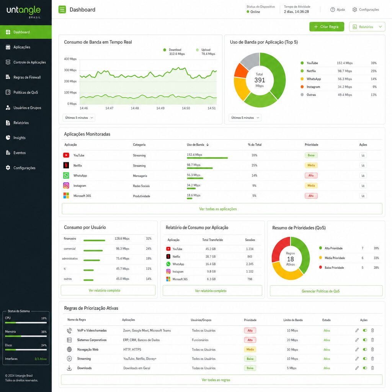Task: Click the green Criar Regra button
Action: (327, 27)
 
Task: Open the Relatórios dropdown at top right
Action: (367, 27)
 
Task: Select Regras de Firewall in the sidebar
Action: (27, 77)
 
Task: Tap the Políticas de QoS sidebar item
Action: (25, 93)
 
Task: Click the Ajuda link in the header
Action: (338, 10)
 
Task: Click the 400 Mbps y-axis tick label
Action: (70, 59)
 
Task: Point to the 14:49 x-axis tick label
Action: (160, 108)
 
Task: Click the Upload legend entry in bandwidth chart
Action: (206, 50)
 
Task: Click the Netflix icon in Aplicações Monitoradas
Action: (66, 165)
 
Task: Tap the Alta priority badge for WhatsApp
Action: (311, 176)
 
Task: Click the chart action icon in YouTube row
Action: (363, 155)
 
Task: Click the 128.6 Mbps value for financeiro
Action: (122, 238)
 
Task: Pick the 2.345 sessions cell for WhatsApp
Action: (250, 264)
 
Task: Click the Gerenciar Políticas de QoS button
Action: (326, 291)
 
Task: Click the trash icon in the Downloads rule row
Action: (372, 368)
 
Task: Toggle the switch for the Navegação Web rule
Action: (365, 349)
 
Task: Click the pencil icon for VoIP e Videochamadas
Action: (357, 330)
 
